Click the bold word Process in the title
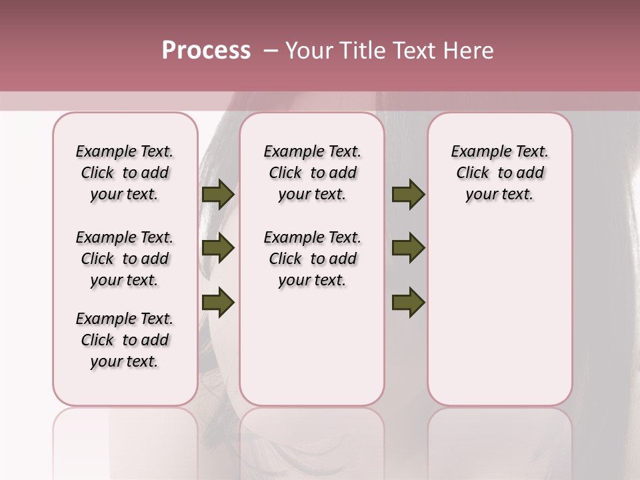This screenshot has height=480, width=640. coord(206,51)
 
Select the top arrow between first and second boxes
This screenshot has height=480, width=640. coord(218,195)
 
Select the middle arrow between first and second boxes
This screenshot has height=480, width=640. coord(218,248)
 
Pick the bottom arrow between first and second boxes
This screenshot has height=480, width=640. coord(218,302)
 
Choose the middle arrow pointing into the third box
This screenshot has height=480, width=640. coord(408,248)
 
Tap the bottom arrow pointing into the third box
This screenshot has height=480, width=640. coord(408,302)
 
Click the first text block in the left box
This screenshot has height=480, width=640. coord(125,173)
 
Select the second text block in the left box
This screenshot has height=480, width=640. coord(125,259)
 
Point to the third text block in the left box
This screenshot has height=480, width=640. coord(125,340)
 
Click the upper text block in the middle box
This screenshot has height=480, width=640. coord(312,173)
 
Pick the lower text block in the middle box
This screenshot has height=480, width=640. coord(312,259)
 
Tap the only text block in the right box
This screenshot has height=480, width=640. coord(499,173)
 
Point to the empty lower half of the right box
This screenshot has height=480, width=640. coord(499,320)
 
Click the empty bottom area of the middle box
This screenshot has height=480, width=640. coord(312,353)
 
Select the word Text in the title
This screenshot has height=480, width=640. coord(414,51)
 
